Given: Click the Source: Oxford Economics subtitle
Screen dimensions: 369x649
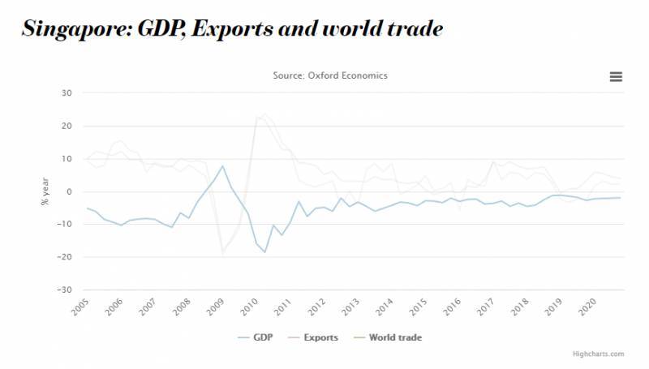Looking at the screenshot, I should tap(330, 75).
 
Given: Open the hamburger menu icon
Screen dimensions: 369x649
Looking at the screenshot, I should tap(616, 76).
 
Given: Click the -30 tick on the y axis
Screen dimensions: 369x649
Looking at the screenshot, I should tap(66, 290).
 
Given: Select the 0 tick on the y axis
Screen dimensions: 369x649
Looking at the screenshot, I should tap(71, 191).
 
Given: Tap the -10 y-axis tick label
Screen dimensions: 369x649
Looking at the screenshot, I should tap(66, 225).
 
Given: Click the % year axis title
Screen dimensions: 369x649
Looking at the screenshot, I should tap(46, 191).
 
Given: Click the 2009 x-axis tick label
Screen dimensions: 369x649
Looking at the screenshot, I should tap(214, 307).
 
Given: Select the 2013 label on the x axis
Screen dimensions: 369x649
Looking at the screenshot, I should tap(350, 307).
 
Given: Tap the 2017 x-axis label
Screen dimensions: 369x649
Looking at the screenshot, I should tap(486, 307).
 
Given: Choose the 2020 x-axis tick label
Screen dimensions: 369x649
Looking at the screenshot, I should tap(587, 307).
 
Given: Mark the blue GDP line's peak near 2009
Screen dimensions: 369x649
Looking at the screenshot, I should tap(222, 166).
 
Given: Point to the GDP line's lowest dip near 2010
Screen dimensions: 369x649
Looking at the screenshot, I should tap(264, 252).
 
